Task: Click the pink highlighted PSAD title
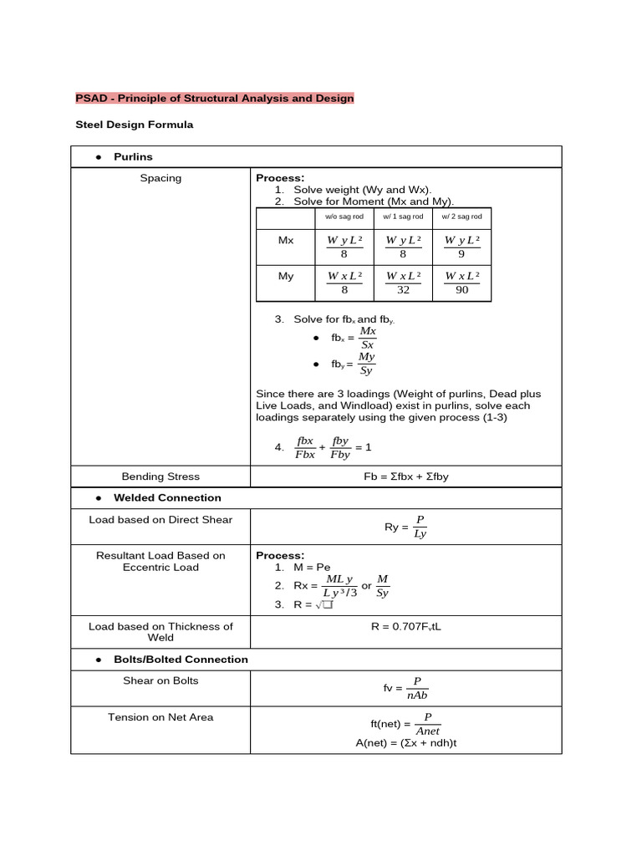pos(214,98)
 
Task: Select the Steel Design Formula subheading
pos(135,125)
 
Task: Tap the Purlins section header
pos(133,156)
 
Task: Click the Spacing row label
pos(161,178)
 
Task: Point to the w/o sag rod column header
pos(344,217)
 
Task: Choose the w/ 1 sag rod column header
pos(403,217)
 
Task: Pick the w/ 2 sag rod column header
pos(462,217)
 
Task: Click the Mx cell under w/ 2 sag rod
pos(462,247)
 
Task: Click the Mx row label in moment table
pos(286,240)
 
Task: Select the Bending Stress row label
pos(161,476)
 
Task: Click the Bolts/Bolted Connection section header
pos(181,659)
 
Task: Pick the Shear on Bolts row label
pos(161,680)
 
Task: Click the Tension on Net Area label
pos(161,716)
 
